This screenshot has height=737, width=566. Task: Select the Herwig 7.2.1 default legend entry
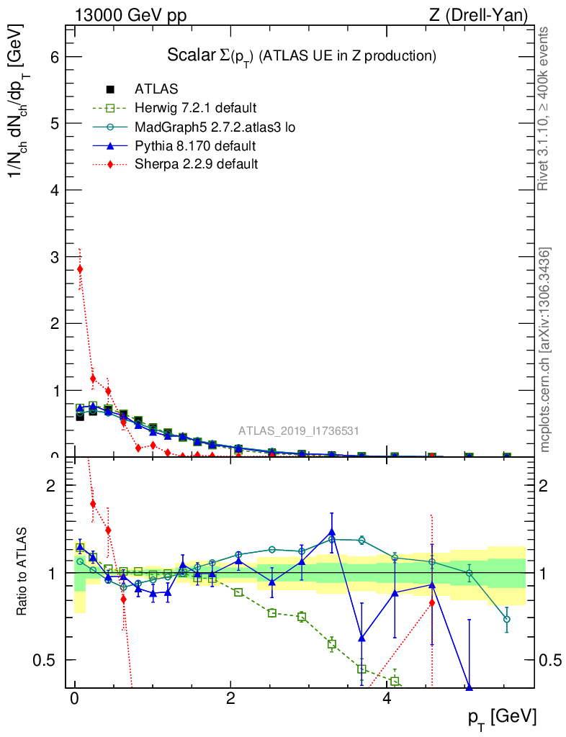pyautogui.click(x=195, y=109)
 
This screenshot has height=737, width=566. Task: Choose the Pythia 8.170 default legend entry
pyautogui.click(x=194, y=146)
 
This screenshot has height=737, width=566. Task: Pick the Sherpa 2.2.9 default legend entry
pyautogui.click(x=196, y=164)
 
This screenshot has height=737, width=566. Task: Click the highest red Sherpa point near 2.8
pyautogui.click(x=80, y=269)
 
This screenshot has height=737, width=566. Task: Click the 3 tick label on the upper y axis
pyautogui.click(x=54, y=257)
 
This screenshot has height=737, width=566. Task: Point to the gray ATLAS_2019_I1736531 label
pyautogui.click(x=299, y=431)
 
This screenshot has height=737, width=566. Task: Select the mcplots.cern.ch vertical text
pyautogui.click(x=545, y=350)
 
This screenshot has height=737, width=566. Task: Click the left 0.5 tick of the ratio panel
pyautogui.click(x=53, y=660)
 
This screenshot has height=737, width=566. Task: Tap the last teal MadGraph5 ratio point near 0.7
pyautogui.click(x=507, y=619)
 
